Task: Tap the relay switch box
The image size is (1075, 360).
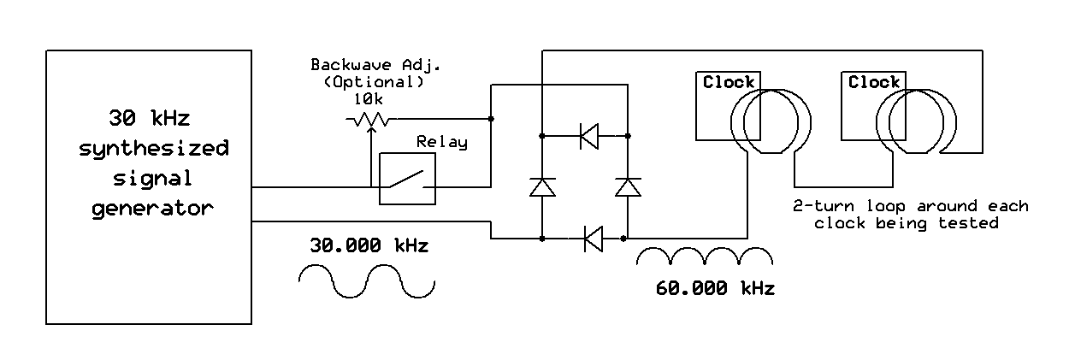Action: point(407,179)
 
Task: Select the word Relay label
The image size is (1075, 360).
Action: point(441,142)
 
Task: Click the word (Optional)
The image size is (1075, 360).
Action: point(374,83)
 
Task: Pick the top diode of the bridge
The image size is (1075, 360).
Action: point(589,135)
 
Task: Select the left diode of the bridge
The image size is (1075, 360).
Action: point(542,186)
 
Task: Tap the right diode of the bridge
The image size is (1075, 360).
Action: point(628,186)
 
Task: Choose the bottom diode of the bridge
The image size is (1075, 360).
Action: point(593,238)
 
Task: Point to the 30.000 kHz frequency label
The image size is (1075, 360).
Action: point(369,245)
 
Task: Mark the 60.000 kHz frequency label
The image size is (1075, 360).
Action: point(715,288)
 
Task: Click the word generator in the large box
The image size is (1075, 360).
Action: point(152,208)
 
